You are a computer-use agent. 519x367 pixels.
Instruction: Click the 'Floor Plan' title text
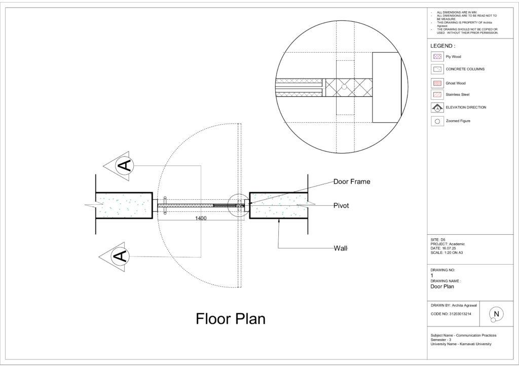coord(231,319)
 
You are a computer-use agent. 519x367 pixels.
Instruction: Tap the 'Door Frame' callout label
coord(352,181)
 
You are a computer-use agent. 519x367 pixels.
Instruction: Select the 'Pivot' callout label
coord(341,205)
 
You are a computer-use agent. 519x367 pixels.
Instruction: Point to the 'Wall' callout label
coord(341,248)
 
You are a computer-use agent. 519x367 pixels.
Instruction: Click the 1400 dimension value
coord(201,218)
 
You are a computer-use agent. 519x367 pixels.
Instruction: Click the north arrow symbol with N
coord(496,314)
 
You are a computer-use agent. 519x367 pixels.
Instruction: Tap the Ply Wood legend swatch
coord(437,57)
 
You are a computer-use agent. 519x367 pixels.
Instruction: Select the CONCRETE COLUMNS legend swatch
coord(437,69)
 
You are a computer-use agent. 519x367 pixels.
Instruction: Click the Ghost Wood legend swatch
coord(437,83)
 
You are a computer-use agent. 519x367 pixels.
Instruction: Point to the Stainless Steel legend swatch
coord(437,95)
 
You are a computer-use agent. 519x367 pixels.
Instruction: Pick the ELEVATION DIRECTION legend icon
coord(437,107)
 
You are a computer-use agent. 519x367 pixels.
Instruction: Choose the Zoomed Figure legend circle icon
coord(437,121)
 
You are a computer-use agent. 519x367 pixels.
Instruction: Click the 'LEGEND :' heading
coord(442,46)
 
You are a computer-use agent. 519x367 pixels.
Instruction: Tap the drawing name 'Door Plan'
coord(442,286)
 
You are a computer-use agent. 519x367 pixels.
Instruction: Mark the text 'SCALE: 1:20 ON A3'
coord(447,253)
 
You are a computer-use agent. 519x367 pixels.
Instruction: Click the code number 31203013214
coord(460,314)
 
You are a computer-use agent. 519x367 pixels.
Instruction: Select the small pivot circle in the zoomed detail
coord(344,87)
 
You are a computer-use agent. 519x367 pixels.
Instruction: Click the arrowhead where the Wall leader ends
coord(279,220)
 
